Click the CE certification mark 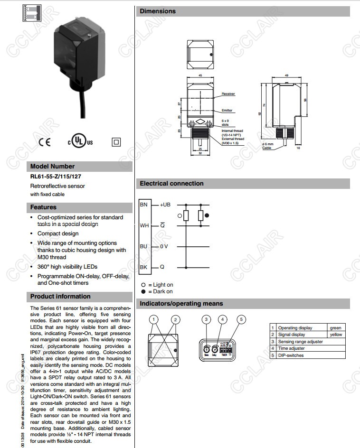point(44,142)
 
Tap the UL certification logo point(79,142)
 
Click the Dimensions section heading point(158,11)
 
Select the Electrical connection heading point(171,184)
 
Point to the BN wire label point(143,205)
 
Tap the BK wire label point(143,267)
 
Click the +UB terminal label point(164,205)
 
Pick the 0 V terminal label point(163,246)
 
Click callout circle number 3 point(206,319)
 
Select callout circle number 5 point(241,319)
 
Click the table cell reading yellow point(336,335)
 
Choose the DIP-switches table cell point(291,355)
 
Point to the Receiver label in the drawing point(228,94)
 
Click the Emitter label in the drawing point(227,111)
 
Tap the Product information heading point(60,297)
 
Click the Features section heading point(43,207)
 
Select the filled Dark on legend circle point(143,291)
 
